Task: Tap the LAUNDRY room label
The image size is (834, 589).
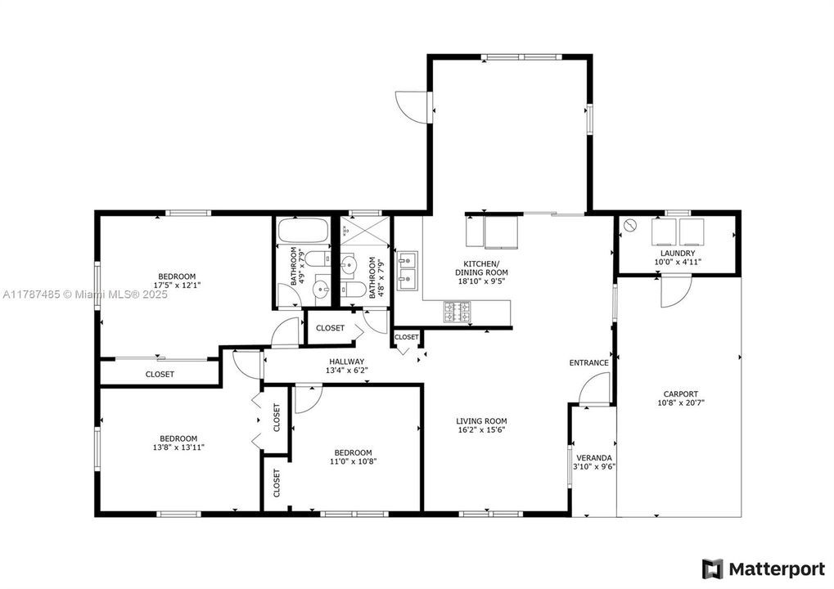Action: tap(678, 254)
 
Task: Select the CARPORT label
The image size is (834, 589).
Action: tap(681, 393)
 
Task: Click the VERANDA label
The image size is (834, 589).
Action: tap(594, 457)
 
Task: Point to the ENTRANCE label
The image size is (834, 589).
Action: tap(589, 363)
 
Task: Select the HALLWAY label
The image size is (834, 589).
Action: tap(347, 362)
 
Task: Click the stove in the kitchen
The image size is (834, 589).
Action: tap(458, 311)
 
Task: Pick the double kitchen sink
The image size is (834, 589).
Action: tap(407, 271)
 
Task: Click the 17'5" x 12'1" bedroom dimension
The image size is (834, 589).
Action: tap(177, 286)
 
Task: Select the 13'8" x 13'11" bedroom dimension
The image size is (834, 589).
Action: tap(178, 447)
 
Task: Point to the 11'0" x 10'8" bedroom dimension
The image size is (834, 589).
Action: tap(353, 461)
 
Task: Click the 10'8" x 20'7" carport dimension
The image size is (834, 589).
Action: tap(681, 402)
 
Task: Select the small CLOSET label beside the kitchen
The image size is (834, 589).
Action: tap(407, 337)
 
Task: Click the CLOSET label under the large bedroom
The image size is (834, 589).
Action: tap(160, 375)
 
